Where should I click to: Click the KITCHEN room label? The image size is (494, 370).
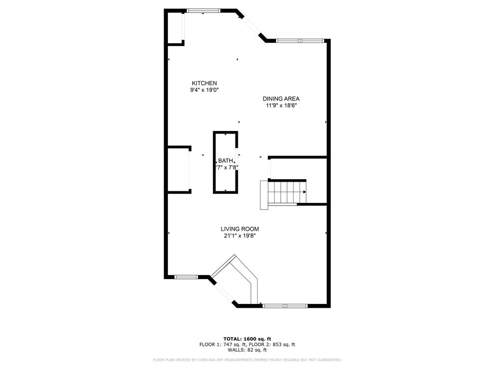pyautogui.click(x=204, y=83)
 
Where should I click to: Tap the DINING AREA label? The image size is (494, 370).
pyautogui.click(x=281, y=99)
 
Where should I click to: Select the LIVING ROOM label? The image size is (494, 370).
pyautogui.click(x=240, y=229)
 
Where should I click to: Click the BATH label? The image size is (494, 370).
pyautogui.click(x=225, y=161)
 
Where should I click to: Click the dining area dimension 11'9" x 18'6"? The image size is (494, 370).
pyautogui.click(x=281, y=106)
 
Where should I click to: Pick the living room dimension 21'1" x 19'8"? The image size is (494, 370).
pyautogui.click(x=240, y=236)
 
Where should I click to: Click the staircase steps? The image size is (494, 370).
pyautogui.click(x=287, y=192)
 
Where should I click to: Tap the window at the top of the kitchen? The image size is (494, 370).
pyautogui.click(x=204, y=11)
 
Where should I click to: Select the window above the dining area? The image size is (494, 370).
pyautogui.click(x=300, y=41)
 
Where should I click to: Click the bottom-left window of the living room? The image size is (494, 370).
pyautogui.click(x=186, y=277)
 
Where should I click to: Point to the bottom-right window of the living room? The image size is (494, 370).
pyautogui.click(x=285, y=306)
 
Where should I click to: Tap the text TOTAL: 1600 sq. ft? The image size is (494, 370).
pyautogui.click(x=247, y=338)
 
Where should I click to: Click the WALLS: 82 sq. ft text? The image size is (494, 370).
pyautogui.click(x=247, y=350)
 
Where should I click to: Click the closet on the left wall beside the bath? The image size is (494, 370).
pyautogui.click(x=178, y=170)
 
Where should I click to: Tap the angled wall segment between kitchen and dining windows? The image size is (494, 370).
pyautogui.click(x=251, y=26)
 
